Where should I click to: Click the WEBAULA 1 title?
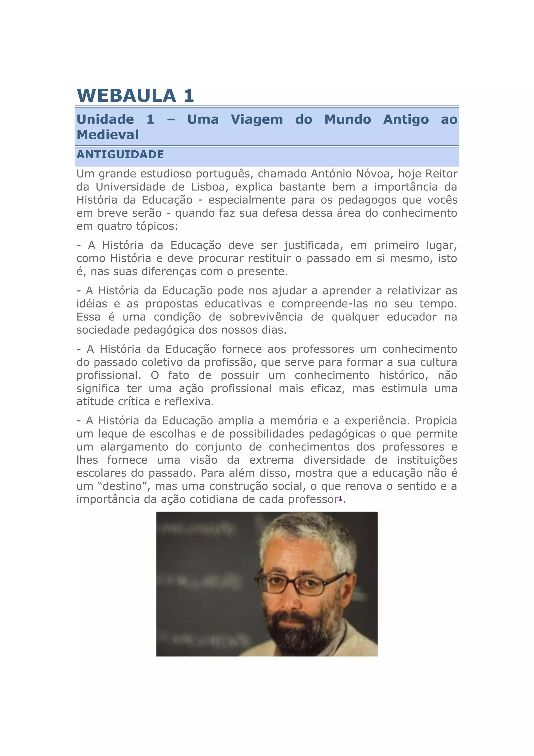[135, 96]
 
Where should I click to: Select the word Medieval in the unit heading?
[107, 135]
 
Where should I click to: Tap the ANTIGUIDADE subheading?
[120, 155]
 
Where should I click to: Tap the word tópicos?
[157, 226]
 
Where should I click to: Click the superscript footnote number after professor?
[340, 498]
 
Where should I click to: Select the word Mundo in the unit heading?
[348, 119]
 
